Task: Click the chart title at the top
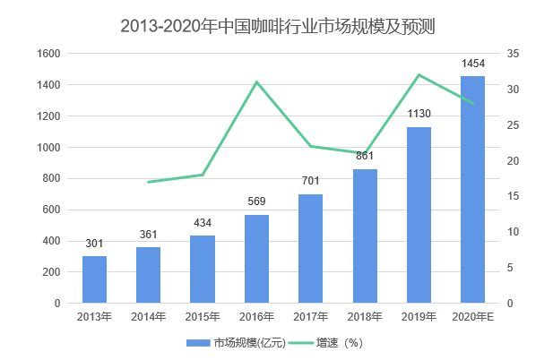(x=277, y=24)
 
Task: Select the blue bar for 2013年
(x=94, y=279)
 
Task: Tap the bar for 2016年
(x=256, y=259)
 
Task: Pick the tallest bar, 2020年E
(x=472, y=190)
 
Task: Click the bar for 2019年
(x=419, y=215)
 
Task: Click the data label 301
(x=94, y=244)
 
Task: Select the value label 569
(x=256, y=201)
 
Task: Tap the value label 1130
(x=419, y=114)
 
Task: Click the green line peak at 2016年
(x=256, y=82)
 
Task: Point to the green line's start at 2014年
(x=149, y=182)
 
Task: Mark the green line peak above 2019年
(x=419, y=75)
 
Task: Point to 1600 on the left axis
(x=48, y=54)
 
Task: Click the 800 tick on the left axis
(x=51, y=178)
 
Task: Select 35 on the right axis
(x=513, y=54)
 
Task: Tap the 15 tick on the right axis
(x=513, y=196)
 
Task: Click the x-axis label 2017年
(x=310, y=316)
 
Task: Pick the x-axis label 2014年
(x=149, y=316)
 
